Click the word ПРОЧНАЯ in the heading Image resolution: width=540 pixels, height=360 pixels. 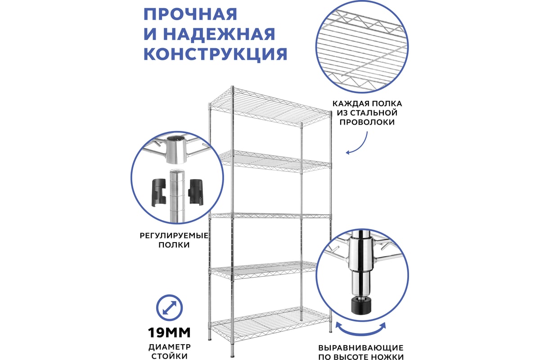190,14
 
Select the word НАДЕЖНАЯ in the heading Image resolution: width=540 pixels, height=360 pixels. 219,34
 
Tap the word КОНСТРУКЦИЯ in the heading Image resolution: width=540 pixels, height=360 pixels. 215,54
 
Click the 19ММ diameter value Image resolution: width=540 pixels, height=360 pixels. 169,333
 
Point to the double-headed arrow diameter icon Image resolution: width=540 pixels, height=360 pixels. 169,308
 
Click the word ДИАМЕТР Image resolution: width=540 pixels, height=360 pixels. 170,347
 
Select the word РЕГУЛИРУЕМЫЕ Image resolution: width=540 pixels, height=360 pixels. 174,236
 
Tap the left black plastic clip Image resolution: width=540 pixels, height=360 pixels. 159,193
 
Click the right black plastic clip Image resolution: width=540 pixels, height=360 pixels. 195,192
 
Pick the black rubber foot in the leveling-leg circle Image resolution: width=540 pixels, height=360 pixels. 360,306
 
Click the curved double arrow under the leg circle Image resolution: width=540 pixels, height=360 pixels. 360,330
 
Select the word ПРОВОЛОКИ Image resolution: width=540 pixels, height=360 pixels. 367,122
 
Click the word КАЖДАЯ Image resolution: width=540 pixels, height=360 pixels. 347,103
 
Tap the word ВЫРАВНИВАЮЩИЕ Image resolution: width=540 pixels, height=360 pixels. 360,348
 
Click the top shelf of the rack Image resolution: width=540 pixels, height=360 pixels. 270,107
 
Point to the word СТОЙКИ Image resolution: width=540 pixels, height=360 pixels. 170,356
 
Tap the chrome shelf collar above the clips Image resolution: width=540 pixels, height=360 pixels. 176,149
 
